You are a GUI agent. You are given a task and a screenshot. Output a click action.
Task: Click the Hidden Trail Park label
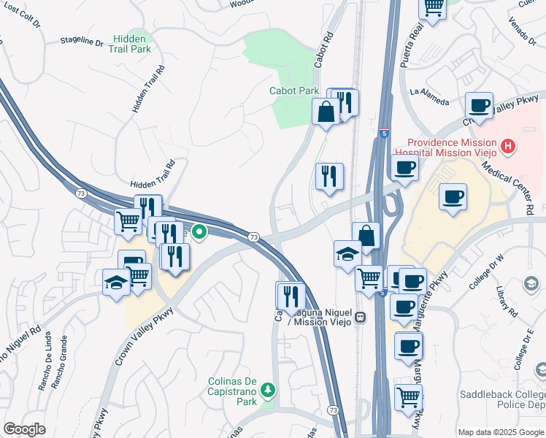click(x=132, y=44)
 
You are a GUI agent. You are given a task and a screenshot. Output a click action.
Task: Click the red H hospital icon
click(x=508, y=147)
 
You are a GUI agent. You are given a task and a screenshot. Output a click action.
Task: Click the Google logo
click(x=24, y=429)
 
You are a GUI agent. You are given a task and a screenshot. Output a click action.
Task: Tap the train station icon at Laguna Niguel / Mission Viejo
click(x=360, y=318)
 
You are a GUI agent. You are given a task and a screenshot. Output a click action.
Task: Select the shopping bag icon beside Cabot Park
click(x=325, y=112)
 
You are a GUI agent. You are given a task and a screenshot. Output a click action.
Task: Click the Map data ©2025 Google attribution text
click(x=499, y=431)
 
